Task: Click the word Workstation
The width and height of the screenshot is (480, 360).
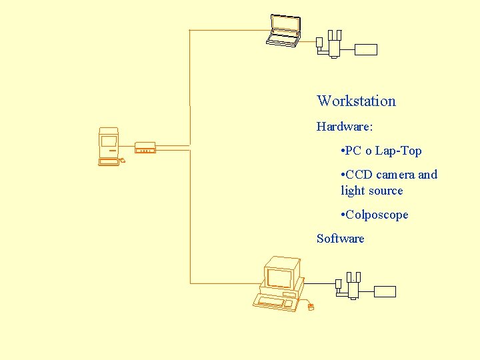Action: [356, 101]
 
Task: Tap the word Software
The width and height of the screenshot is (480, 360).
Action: [340, 239]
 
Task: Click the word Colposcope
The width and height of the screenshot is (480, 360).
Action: [378, 215]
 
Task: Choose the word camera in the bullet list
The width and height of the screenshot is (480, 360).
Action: [395, 175]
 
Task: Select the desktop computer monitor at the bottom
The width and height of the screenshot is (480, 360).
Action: [281, 273]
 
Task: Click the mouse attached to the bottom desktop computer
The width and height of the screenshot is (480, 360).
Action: [310, 307]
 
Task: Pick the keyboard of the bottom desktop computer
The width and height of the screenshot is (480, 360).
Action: [273, 302]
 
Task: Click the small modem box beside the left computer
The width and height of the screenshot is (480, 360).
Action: [145, 148]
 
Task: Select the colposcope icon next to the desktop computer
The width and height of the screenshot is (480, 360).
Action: [351, 285]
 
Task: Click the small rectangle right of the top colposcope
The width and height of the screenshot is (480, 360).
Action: [366, 49]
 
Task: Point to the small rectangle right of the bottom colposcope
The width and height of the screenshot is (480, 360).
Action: [385, 291]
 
